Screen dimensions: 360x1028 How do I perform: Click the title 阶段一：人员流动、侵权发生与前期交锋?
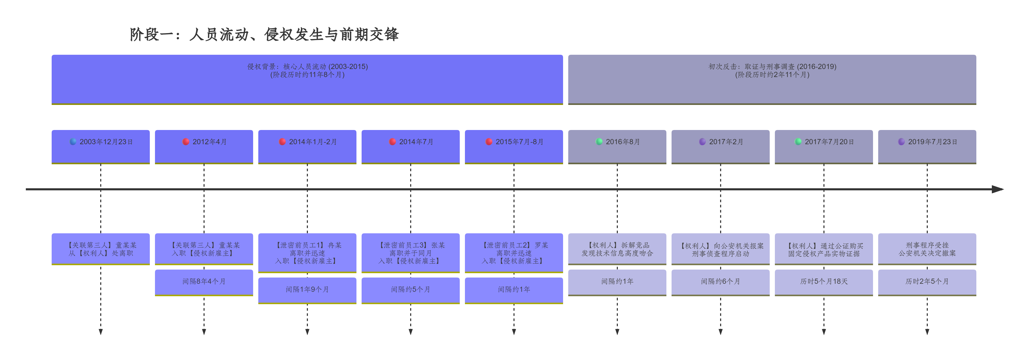[264, 34]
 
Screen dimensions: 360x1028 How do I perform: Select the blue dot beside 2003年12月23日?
[73, 142]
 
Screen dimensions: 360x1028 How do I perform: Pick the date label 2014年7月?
[416, 142]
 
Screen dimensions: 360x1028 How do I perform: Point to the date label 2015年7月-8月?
[519, 142]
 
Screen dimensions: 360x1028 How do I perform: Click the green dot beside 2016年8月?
[599, 142]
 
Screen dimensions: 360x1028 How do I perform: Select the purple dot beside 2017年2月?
[702, 142]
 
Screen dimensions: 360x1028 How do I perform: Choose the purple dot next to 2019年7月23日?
[901, 142]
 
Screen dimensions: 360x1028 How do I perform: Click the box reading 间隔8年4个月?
[204, 282]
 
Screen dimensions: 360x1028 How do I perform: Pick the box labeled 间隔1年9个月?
[307, 290]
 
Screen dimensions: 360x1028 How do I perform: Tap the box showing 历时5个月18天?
[824, 282]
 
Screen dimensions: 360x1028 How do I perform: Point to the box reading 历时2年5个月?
[927, 282]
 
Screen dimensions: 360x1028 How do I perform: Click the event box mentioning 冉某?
[307, 253]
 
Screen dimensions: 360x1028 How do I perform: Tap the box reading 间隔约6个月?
[720, 282]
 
